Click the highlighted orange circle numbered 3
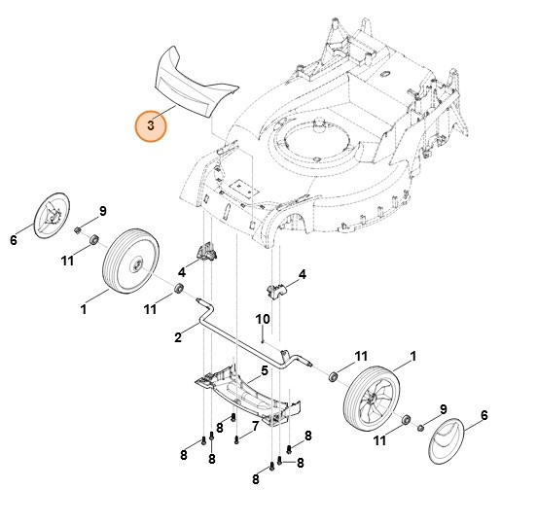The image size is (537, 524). pyautogui.click(x=150, y=124)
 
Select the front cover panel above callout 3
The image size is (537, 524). pyautogui.click(x=193, y=86)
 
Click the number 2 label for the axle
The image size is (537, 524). pyautogui.click(x=179, y=337)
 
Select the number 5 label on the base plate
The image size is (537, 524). pyautogui.click(x=264, y=371)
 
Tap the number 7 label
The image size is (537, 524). pyautogui.click(x=255, y=426)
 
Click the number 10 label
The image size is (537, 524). pyautogui.click(x=263, y=320)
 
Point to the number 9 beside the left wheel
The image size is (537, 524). pyautogui.click(x=102, y=211)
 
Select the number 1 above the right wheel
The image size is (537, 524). pyautogui.click(x=412, y=357)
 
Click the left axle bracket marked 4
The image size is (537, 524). pyautogui.click(x=207, y=253)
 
